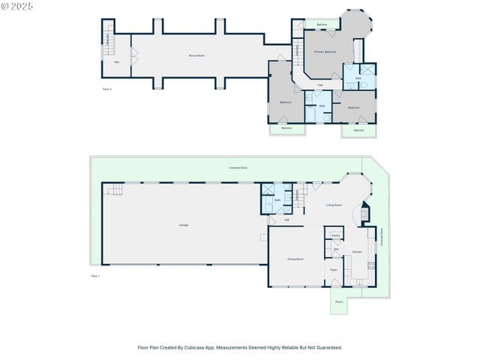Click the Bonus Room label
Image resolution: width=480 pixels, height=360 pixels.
click(196, 55)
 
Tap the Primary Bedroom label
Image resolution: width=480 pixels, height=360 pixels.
click(325, 52)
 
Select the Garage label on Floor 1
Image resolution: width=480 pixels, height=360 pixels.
click(183, 225)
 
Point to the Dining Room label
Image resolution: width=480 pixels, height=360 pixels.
click(295, 259)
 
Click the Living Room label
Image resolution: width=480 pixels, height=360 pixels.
click(334, 205)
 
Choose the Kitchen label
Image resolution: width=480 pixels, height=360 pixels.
click(357, 252)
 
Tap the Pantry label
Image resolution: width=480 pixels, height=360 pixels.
click(335, 235)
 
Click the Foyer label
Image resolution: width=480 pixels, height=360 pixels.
click(334, 270)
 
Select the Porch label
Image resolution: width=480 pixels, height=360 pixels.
click(339, 302)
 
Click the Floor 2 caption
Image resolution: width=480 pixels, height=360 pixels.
click(106, 89)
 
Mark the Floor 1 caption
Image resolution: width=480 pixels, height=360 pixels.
click(95, 277)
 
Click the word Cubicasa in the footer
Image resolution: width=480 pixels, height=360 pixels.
click(211, 347)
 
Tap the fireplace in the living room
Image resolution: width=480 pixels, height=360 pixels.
click(364, 212)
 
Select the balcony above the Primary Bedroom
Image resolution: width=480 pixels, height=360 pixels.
click(322, 25)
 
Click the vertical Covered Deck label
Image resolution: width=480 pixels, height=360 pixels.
click(381, 237)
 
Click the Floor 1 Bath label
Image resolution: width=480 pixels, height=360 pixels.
click(277, 200)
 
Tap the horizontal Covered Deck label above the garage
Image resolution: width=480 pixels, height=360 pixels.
click(239, 168)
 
